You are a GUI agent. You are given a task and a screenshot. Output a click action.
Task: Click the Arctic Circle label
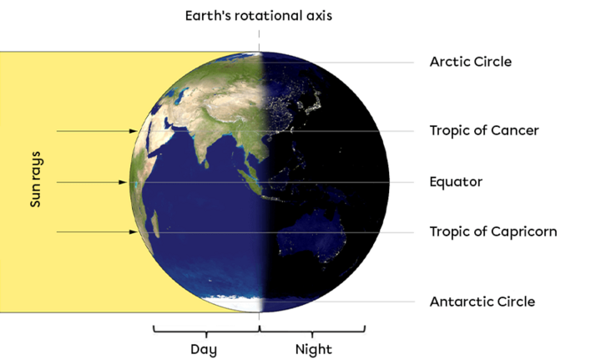click(470, 62)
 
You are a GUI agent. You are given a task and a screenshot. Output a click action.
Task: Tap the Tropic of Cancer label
click(484, 130)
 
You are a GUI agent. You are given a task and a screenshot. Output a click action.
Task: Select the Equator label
click(456, 181)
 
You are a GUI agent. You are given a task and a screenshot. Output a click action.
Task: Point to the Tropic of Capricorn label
click(492, 231)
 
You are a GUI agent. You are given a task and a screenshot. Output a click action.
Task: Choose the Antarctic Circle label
click(482, 302)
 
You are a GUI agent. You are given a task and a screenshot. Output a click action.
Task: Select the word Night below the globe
click(313, 348)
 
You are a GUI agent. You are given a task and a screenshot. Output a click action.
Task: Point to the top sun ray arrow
click(96, 131)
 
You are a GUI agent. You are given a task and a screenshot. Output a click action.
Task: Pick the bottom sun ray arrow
click(96, 232)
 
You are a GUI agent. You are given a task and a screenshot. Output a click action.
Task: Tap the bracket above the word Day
click(205, 331)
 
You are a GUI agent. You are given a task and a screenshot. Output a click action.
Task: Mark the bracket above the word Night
click(312, 331)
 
